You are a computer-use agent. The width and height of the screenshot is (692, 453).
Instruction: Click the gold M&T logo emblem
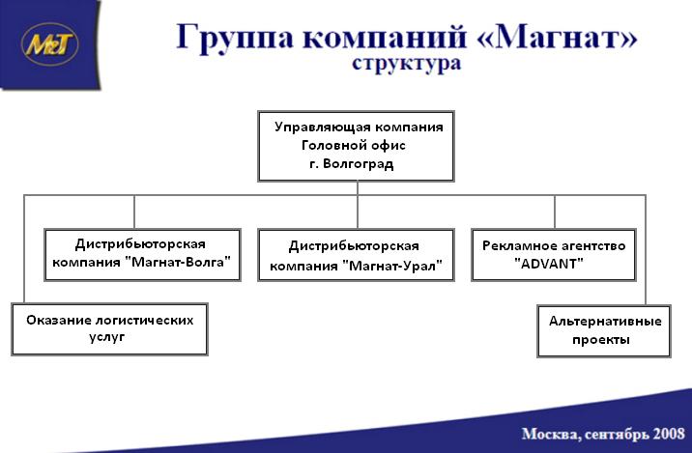pyautogui.click(x=49, y=44)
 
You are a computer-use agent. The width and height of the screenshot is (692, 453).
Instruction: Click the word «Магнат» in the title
pyautogui.click(x=558, y=36)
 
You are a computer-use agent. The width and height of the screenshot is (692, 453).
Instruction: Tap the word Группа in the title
pyautogui.click(x=235, y=38)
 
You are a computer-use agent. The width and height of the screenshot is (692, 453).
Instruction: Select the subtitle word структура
pyautogui.click(x=407, y=64)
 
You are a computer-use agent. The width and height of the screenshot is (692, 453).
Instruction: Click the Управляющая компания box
pyautogui.click(x=356, y=146)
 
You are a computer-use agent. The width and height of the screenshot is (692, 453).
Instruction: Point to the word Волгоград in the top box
pyautogui.click(x=358, y=164)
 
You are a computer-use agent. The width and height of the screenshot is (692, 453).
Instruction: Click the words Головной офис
pyautogui.click(x=354, y=145)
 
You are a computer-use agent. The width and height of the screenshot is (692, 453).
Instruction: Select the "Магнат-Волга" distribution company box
pyautogui.click(x=142, y=254)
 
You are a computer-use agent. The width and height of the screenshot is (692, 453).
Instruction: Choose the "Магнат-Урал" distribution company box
pyautogui.click(x=356, y=254)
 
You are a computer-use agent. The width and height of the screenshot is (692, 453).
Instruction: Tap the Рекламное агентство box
pyautogui.click(x=554, y=254)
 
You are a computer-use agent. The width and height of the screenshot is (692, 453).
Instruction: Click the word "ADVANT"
pyautogui.click(x=549, y=264)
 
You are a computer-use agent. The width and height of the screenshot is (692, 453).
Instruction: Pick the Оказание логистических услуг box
pyautogui.click(x=109, y=329)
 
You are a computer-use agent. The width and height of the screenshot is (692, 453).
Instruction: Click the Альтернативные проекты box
pyautogui.click(x=604, y=331)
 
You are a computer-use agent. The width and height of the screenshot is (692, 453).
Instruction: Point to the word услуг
pyautogui.click(x=107, y=337)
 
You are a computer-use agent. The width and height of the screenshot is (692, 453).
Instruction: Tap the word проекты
pyautogui.click(x=601, y=340)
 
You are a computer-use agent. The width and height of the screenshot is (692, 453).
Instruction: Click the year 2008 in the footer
pyautogui.click(x=669, y=434)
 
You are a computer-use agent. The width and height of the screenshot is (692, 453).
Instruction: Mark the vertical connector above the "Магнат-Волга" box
pyautogui.click(x=134, y=212)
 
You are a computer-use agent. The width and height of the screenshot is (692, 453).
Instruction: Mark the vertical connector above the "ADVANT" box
pyautogui.click(x=555, y=212)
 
